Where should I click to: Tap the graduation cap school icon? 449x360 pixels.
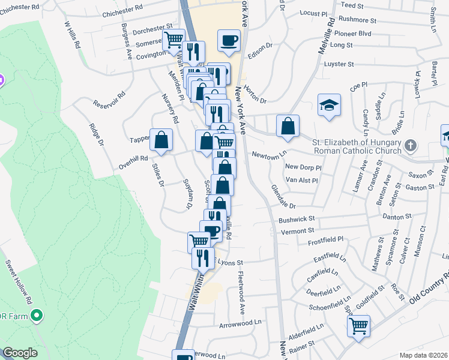tap(328, 106)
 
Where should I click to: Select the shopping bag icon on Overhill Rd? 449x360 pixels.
tap(161, 140)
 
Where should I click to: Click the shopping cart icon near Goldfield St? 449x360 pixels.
tap(359, 327)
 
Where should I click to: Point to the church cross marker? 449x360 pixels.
tap(410, 145)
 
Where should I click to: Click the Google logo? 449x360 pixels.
tap(20, 353)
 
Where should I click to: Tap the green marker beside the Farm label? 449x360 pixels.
tap(37, 314)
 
